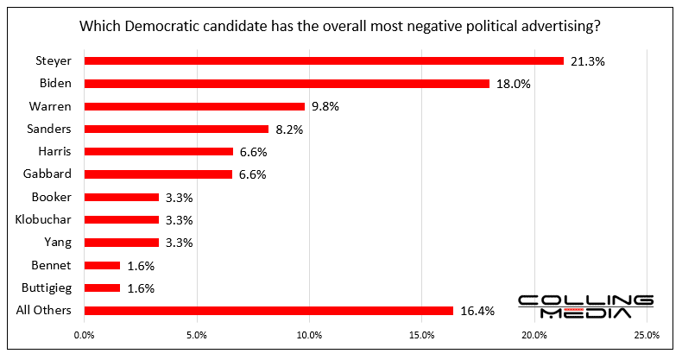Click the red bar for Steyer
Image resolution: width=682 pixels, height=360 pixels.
324,61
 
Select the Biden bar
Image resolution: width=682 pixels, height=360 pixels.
287,84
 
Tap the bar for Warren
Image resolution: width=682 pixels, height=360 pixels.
194,106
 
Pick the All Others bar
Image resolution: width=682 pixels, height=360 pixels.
268,311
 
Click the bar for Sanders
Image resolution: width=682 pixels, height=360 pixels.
176,129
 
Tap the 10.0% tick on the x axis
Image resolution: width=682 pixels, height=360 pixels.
309,335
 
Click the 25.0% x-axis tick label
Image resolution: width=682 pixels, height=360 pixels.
647,335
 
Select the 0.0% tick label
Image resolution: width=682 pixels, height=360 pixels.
85,335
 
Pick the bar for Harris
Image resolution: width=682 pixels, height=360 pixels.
158,152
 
